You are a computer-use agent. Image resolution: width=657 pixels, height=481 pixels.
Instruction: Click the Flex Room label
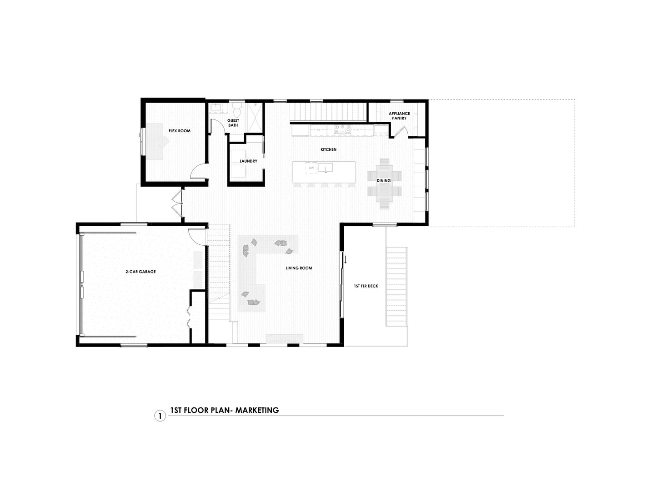click(180, 131)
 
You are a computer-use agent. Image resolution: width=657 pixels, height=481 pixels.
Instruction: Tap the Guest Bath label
click(233, 123)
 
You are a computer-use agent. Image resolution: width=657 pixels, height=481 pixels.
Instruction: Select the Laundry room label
click(248, 161)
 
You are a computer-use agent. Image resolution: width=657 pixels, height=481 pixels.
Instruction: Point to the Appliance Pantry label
click(399, 116)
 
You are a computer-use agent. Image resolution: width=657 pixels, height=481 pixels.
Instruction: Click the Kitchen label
click(328, 149)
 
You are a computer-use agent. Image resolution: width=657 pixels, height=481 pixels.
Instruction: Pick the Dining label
click(384, 181)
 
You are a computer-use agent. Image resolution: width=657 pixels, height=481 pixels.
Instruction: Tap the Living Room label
click(299, 268)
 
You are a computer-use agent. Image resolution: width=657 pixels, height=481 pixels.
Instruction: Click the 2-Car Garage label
click(140, 272)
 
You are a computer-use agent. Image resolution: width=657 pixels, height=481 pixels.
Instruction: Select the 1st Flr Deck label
click(366, 286)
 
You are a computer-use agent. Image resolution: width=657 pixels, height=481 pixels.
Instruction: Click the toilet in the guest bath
click(237, 110)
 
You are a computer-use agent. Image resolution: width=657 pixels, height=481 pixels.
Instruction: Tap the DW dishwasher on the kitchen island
click(311, 168)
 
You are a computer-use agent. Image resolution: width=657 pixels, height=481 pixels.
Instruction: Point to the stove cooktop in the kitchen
click(342, 129)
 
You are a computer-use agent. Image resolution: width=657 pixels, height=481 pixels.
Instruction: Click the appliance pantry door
click(400, 131)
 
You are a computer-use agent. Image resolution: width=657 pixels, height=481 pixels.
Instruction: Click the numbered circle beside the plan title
click(160, 416)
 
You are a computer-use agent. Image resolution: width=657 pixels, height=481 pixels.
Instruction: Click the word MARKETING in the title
click(257, 410)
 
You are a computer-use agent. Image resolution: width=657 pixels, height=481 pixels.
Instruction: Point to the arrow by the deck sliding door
click(346, 259)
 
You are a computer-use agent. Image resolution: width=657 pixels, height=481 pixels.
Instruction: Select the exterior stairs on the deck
click(396, 287)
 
